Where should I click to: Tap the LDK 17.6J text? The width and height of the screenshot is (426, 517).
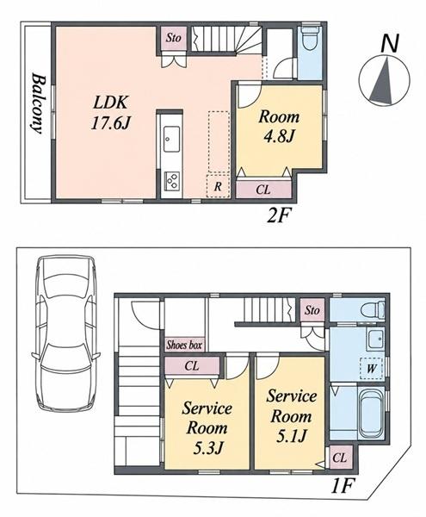tap(110, 113)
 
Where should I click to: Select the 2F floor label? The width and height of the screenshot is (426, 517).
tap(279, 215)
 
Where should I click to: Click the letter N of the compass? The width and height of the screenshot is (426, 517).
tap(390, 43)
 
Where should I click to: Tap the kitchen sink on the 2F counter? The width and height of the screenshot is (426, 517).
tap(171, 139)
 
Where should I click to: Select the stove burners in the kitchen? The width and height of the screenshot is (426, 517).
tap(171, 181)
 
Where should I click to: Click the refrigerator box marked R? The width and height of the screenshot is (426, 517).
tap(218, 186)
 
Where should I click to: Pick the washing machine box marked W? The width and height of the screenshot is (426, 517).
tap(371, 368)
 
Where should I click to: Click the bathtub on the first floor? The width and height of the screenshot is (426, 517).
tap(372, 414)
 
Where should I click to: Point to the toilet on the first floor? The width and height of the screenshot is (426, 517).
tap(373, 309)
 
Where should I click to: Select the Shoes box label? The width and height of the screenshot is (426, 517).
tap(184, 345)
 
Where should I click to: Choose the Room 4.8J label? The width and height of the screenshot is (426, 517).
tap(279, 127)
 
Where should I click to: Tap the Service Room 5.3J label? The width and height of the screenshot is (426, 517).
tap(207, 427)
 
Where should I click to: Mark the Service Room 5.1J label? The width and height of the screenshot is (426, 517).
tap(292, 416)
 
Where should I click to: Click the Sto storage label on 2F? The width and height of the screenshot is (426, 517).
tap(174, 38)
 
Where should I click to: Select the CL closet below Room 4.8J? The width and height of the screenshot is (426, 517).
tap(263, 190)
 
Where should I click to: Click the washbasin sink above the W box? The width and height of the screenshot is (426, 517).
tap(376, 339)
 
